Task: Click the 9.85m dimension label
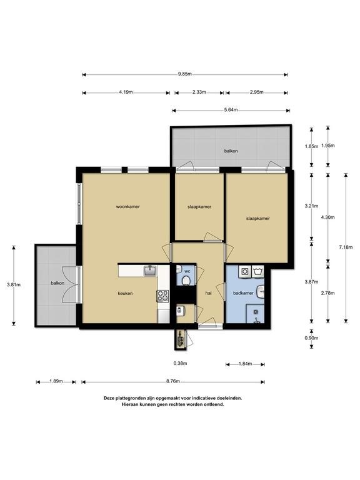pos(185,74)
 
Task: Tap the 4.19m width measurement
pos(126,92)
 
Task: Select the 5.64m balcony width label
pos(231,110)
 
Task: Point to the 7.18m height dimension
pos(346,247)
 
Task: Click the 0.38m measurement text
pos(180,363)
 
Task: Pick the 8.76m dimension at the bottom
pos(173,381)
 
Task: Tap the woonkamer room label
pos(128,207)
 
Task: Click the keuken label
pos(125,293)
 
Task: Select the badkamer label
pos(243,293)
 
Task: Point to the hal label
pos(209,293)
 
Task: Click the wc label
pos(187,271)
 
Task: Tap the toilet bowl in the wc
pos(186,280)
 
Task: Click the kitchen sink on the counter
pos(150,271)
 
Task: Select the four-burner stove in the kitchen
pos(162,296)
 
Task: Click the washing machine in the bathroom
pos(245,271)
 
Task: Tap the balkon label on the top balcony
pos(231,151)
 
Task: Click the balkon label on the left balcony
pos(57,283)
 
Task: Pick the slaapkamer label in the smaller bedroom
pos(199,207)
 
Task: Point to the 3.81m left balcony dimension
pos(14,285)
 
